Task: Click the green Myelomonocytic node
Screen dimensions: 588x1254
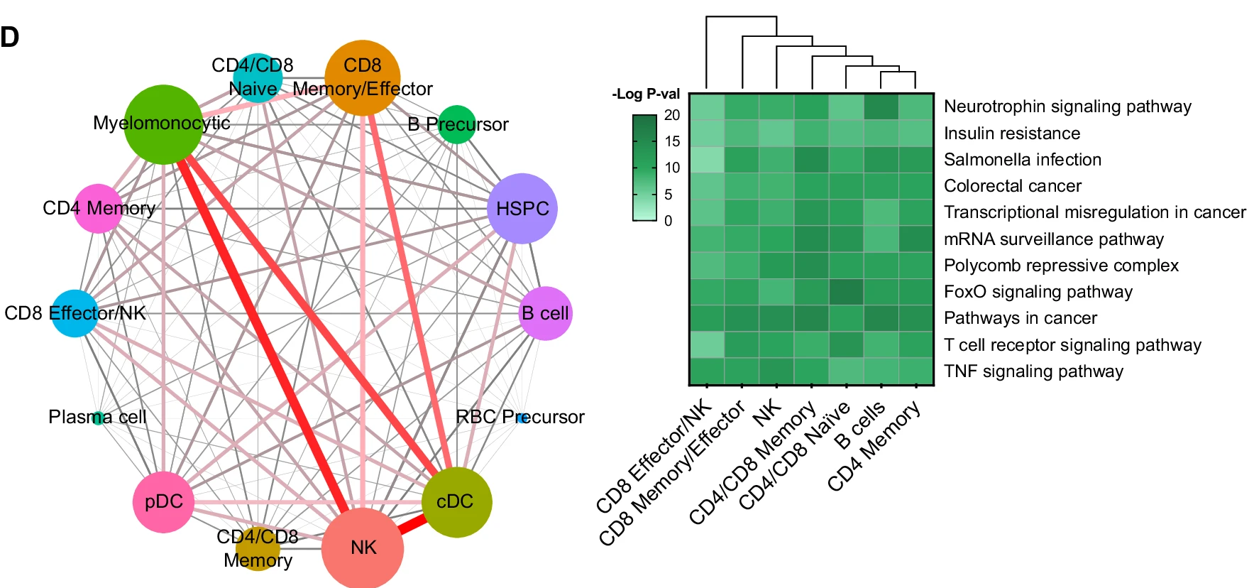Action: click(x=163, y=125)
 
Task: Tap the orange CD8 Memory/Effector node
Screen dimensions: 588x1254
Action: click(x=363, y=77)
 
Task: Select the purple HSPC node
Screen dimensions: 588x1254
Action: click(x=522, y=209)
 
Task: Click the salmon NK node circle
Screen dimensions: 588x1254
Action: click(x=363, y=548)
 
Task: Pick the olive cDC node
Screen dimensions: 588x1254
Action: click(x=456, y=502)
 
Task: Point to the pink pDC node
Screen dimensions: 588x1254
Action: click(x=164, y=502)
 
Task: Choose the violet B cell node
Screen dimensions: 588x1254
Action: click(x=545, y=313)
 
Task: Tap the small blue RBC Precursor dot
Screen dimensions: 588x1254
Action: click(x=522, y=418)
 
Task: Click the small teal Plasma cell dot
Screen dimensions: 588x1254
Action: click(x=99, y=418)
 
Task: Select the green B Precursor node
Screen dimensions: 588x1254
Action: click(x=457, y=124)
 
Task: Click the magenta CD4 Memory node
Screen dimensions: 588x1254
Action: click(x=98, y=209)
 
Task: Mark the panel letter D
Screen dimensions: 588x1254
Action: click(x=10, y=38)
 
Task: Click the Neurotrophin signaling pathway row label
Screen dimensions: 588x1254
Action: click(x=1067, y=107)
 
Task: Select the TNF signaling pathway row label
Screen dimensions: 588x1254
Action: click(x=1033, y=371)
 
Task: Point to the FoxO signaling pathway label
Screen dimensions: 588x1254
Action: click(x=1038, y=292)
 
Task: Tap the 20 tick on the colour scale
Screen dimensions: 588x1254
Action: click(x=672, y=115)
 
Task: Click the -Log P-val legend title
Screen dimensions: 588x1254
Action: click(x=646, y=94)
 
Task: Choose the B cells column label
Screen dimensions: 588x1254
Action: click(x=860, y=425)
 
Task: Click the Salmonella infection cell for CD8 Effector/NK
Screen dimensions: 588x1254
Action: click(x=707, y=160)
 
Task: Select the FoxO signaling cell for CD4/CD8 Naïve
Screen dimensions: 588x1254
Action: click(x=846, y=292)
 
